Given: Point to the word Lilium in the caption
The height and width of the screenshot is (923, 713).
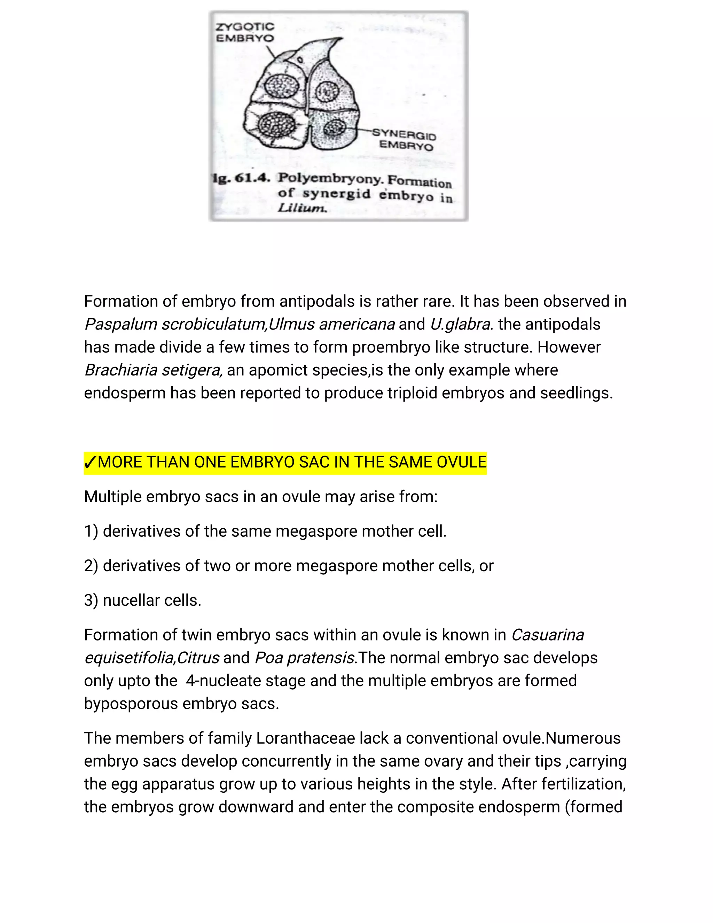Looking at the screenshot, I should [302, 208].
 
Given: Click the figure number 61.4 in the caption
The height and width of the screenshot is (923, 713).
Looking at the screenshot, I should [252, 178].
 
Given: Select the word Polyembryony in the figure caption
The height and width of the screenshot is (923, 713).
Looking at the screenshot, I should [330, 179].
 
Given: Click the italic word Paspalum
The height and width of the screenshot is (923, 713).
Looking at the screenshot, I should [120, 325].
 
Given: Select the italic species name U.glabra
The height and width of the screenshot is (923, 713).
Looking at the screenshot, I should [460, 325].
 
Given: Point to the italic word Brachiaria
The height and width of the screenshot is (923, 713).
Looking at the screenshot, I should [120, 370].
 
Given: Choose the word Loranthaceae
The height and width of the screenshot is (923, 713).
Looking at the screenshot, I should [305, 738].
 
